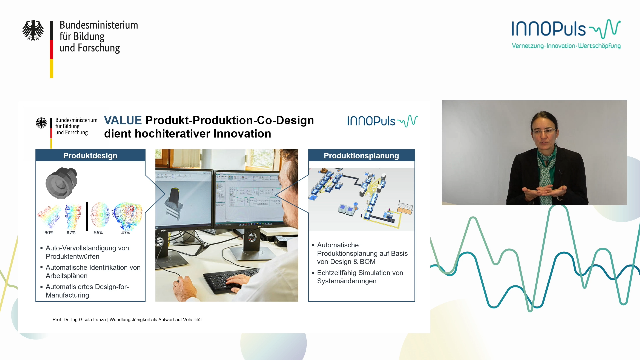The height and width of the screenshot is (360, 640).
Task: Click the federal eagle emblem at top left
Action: click(33, 30)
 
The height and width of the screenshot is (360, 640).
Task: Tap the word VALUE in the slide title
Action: click(123, 120)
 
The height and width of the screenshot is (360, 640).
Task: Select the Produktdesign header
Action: click(90, 156)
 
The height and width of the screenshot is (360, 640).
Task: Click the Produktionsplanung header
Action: click(361, 156)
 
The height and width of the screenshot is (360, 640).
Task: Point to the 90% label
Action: click(49, 233)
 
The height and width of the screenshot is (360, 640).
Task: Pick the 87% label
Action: click(71, 233)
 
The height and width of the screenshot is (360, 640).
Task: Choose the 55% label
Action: click(98, 233)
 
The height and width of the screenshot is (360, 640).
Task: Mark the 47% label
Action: click(126, 233)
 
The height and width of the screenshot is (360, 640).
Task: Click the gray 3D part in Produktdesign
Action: click(62, 183)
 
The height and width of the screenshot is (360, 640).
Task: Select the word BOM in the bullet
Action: click(368, 262)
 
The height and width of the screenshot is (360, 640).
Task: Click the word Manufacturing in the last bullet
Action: click(67, 295)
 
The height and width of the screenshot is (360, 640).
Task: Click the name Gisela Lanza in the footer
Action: click(92, 320)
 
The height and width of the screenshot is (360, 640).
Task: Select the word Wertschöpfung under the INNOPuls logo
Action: click(599, 46)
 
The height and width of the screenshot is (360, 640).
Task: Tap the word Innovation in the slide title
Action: click(242, 134)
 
